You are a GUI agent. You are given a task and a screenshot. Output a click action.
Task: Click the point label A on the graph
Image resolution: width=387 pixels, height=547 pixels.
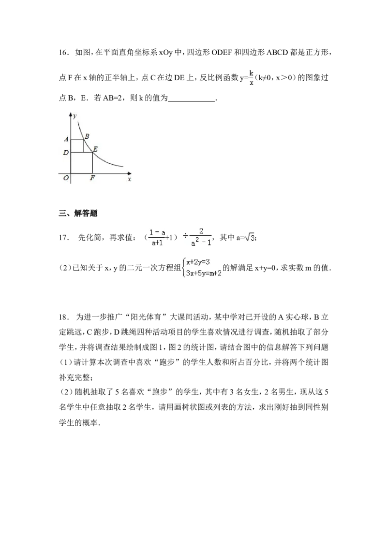[x=66, y=139]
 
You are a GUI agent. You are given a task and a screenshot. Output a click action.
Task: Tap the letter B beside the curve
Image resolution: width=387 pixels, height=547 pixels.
[x=87, y=136]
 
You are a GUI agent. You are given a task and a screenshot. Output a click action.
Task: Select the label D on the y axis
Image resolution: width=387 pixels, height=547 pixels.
[x=66, y=153]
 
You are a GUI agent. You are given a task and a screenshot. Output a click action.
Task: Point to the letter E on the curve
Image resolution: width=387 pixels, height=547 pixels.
[x=95, y=149]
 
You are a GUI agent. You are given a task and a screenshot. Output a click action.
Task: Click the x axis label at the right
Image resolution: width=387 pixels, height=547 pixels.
[x=129, y=179]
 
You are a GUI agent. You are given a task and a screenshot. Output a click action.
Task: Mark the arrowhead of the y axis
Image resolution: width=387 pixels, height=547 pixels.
[x=71, y=115]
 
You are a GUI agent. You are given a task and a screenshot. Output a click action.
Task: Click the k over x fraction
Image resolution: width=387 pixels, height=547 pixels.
[x=252, y=78]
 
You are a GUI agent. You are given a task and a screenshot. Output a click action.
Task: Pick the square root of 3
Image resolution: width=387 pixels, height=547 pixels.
[x=250, y=237]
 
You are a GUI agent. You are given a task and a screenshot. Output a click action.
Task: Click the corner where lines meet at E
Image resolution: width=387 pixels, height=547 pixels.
[x=92, y=152]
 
